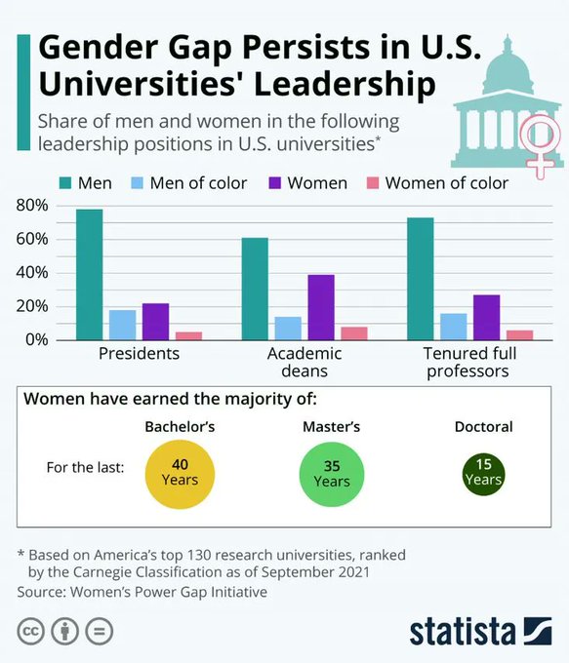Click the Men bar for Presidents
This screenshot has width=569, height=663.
89,274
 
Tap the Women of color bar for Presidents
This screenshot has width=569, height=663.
188,335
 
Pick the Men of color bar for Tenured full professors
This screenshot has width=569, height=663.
454,327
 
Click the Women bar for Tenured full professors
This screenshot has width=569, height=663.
487,317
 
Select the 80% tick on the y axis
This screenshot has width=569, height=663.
32,206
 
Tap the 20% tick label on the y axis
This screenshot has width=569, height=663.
32,306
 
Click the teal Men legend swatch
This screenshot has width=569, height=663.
66,183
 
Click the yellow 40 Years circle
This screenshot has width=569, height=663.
179,473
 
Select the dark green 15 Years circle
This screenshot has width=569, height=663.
483,473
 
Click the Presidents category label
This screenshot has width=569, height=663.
140,353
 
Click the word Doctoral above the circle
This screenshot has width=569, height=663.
483,427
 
